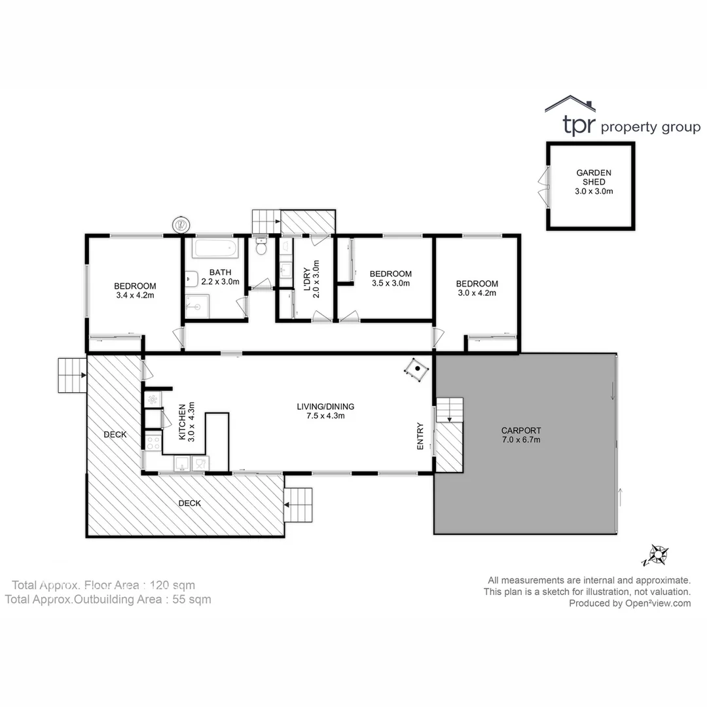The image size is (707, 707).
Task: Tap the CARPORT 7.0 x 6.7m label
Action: (x=520, y=435)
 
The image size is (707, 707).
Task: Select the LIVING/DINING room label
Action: (x=325, y=410)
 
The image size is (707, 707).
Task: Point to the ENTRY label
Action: (x=420, y=435)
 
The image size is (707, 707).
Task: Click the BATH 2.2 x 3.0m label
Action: (x=219, y=277)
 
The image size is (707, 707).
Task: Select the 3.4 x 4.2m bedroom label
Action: (x=135, y=290)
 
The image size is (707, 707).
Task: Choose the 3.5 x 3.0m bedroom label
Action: (x=390, y=278)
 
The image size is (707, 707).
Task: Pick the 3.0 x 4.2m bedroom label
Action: (x=477, y=288)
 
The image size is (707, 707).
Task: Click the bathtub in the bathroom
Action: (x=211, y=249)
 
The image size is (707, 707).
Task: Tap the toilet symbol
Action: (x=261, y=247)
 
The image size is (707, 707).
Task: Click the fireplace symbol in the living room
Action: (x=416, y=370)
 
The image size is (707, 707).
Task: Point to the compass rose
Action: (x=657, y=556)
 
